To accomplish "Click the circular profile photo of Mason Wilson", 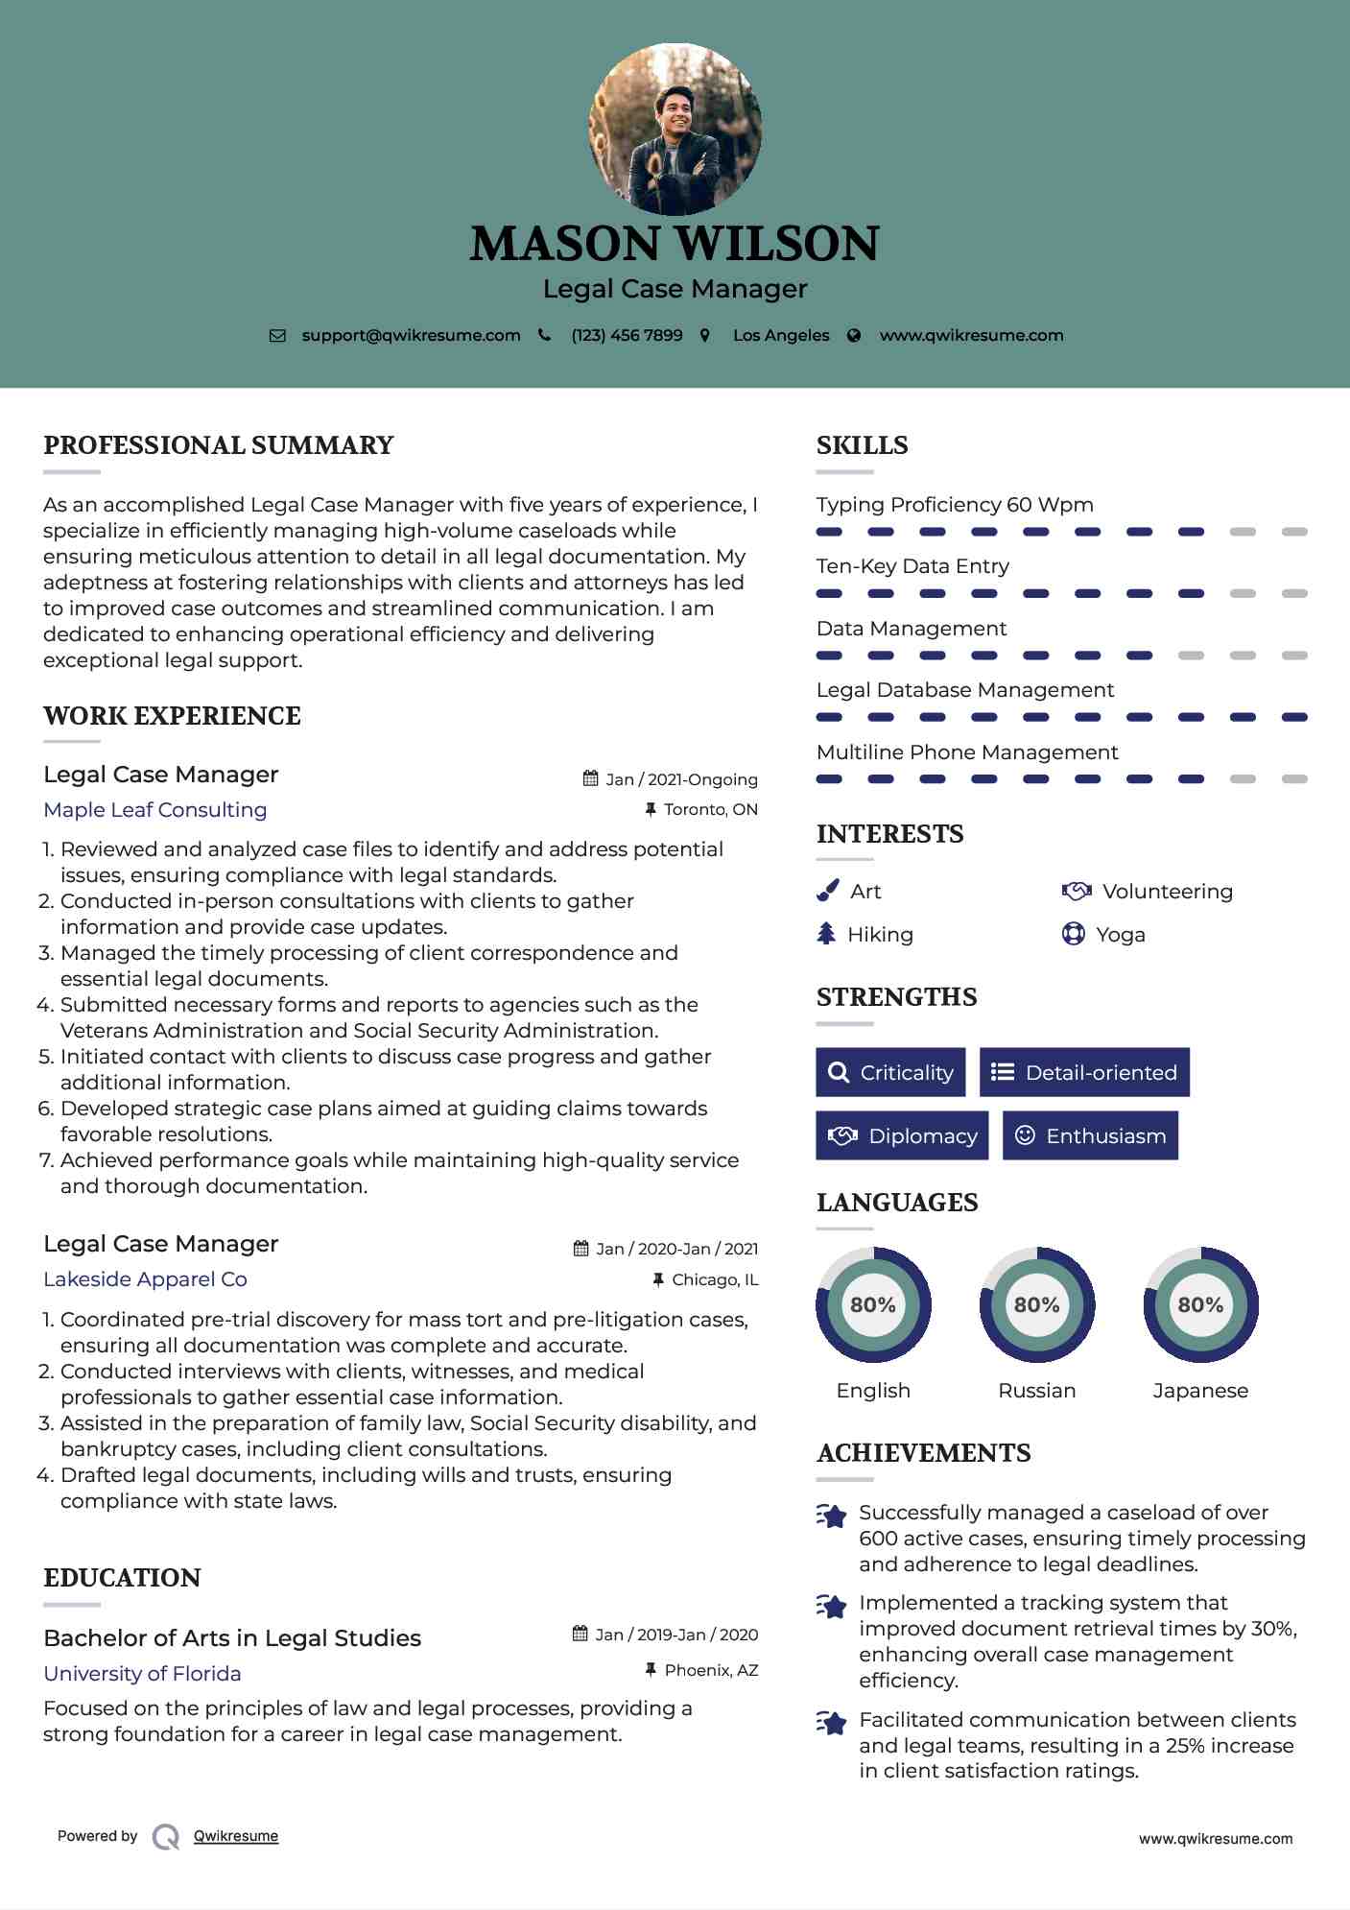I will [x=675, y=129].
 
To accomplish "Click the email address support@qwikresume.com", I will [x=411, y=335].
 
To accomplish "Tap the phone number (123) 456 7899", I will [x=627, y=335].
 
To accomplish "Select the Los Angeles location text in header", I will [x=780, y=335].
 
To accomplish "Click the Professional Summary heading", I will [x=219, y=445].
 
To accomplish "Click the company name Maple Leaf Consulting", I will [x=155, y=809].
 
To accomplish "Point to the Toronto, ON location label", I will [x=710, y=809].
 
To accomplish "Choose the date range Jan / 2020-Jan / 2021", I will [x=675, y=1249].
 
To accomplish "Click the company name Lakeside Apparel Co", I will [x=145, y=1278].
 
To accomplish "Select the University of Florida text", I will [x=142, y=1673].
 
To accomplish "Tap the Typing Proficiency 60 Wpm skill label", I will [x=955, y=505].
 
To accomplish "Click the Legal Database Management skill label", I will [x=964, y=690].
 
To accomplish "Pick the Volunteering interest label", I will [x=1167, y=892].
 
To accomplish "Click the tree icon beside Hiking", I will [x=826, y=934].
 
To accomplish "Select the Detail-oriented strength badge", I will [x=1084, y=1072].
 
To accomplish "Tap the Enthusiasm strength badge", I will [x=1090, y=1135].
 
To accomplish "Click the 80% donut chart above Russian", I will [x=1036, y=1304].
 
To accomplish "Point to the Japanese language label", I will [x=1200, y=1391].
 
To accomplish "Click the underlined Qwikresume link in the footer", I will [x=236, y=1836].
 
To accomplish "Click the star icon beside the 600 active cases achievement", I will [x=832, y=1516].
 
